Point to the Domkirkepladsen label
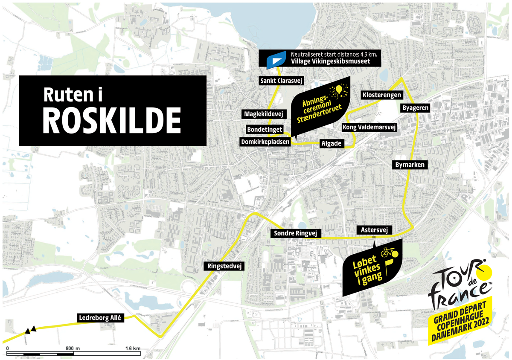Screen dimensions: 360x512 click(265, 142)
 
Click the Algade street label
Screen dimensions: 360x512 click(331, 144)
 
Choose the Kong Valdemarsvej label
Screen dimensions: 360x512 click(369, 127)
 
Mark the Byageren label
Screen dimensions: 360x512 click(415, 108)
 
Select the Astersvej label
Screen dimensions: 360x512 click(374, 230)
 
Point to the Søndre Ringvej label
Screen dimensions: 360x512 click(295, 233)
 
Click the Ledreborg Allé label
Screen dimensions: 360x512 click(101, 317)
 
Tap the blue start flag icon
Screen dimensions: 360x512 click(276, 60)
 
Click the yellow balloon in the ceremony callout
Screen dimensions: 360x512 click(339, 89)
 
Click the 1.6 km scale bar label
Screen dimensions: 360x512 click(133, 349)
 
